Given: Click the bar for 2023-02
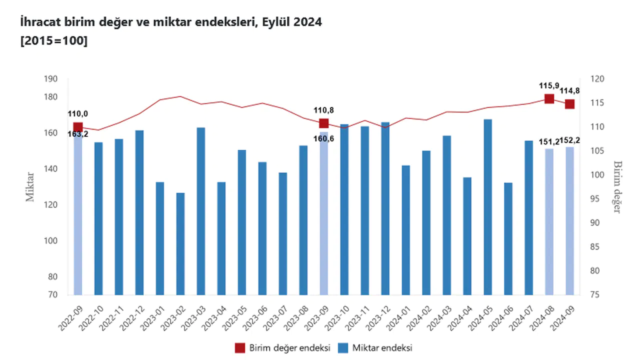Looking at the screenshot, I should point(180,243).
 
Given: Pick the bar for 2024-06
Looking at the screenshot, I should point(508,238).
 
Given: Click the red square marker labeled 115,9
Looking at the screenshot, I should point(549,98).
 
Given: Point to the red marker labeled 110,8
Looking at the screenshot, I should point(323,123).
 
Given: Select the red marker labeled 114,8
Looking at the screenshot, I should point(569,104).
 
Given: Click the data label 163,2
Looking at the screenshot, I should point(78,133).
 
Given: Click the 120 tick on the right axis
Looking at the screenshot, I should point(599,79).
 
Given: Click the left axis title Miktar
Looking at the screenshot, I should point(30,186).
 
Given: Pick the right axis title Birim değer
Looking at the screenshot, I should point(617,186).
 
